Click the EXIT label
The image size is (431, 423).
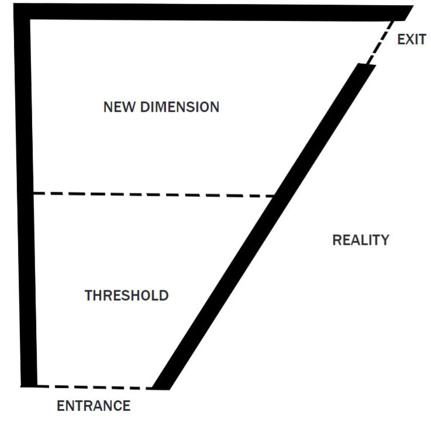click(412, 40)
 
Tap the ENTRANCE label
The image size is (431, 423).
click(94, 405)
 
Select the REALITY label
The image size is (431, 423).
click(361, 240)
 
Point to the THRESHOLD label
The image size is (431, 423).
click(127, 296)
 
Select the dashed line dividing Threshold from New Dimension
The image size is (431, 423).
click(152, 195)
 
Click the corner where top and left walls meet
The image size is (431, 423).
click(22, 12)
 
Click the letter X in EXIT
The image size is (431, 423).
click(409, 40)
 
